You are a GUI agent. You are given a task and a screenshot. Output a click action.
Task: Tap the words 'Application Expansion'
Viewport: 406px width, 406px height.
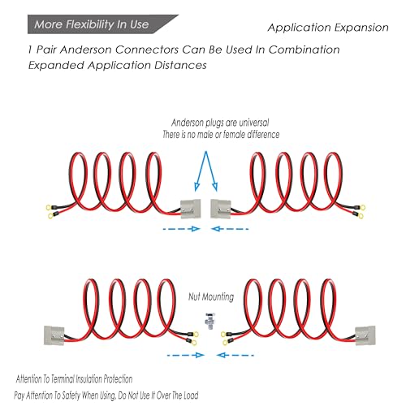point(328,28)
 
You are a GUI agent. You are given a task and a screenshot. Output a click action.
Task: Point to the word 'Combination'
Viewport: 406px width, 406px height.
point(304,50)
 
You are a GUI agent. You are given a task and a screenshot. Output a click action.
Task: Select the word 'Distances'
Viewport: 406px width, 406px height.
point(180,65)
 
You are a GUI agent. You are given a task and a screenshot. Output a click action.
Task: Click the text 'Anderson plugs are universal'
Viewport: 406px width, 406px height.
point(220,123)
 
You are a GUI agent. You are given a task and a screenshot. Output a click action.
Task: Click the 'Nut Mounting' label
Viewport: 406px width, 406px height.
point(211,296)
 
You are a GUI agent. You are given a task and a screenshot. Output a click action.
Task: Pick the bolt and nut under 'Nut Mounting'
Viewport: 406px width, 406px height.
point(210,321)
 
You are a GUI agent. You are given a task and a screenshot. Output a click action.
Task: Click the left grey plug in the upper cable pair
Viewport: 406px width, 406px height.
point(191,209)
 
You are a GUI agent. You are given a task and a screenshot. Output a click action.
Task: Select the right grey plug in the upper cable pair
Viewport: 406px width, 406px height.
point(221,209)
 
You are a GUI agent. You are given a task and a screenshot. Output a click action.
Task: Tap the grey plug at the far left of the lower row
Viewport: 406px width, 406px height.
point(54,335)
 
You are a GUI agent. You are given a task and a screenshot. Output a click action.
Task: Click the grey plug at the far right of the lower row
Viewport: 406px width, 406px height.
point(365,335)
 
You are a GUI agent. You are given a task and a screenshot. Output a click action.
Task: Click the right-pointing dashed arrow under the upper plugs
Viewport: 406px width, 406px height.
point(181,229)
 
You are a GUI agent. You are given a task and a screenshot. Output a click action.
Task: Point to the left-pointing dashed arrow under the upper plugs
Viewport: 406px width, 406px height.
point(230,229)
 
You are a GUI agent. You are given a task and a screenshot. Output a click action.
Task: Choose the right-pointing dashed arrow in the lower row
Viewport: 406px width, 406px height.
point(186,355)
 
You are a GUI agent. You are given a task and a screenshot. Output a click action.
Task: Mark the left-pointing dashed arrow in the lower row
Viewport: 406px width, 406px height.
point(235,355)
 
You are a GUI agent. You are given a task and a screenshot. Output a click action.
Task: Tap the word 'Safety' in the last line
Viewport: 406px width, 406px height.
point(71,395)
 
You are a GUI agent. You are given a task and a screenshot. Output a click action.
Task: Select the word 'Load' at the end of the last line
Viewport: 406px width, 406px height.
point(191,395)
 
